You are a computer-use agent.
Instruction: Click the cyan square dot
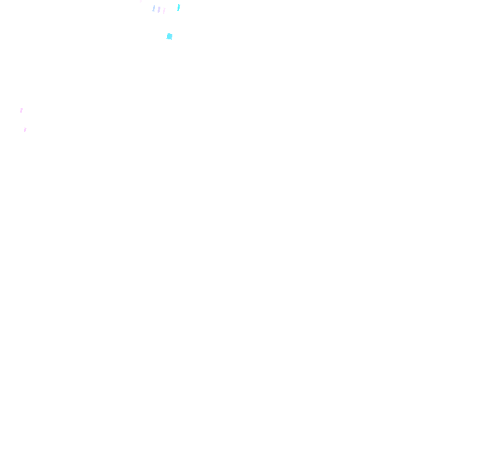pyautogui.click(x=170, y=37)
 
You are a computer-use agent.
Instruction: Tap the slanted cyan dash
pyautogui.click(x=178, y=7)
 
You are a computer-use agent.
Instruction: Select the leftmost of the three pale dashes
pyautogui.click(x=154, y=9)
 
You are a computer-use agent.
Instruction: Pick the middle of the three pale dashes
pyautogui.click(x=159, y=9)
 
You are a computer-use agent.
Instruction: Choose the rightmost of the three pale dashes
pyautogui.click(x=164, y=11)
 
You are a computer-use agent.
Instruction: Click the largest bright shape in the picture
pyautogui.click(x=170, y=37)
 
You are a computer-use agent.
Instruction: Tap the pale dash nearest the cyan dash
pyautogui.click(x=164, y=11)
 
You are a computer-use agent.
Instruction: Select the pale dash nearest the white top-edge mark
pyautogui.click(x=154, y=9)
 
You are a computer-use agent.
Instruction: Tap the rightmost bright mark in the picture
pyautogui.click(x=178, y=7)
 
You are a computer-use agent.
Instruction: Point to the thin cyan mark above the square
pyautogui.click(x=178, y=7)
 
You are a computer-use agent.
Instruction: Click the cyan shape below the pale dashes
pyautogui.click(x=170, y=37)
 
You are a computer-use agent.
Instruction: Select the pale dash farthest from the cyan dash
pyautogui.click(x=154, y=9)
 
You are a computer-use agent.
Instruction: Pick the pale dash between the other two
pyautogui.click(x=159, y=9)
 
